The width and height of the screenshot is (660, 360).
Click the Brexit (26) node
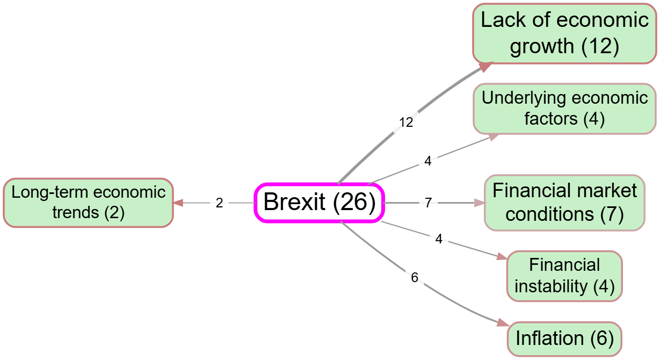click(x=319, y=203)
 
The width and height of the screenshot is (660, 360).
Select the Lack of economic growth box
click(x=564, y=33)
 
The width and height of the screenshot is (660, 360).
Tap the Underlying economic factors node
click(x=564, y=109)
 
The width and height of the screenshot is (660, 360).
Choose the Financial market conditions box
click(x=564, y=203)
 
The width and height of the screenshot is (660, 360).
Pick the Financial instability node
click(x=564, y=276)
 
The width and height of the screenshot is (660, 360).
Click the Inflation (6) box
click(x=564, y=339)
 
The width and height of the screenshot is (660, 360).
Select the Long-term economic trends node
click(x=88, y=203)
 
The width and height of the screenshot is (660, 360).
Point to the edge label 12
click(x=406, y=123)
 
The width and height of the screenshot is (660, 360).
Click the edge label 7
click(x=428, y=203)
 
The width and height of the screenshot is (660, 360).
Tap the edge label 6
click(x=414, y=278)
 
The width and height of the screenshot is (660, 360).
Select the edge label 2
click(x=219, y=203)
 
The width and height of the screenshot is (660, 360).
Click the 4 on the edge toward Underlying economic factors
click(x=427, y=161)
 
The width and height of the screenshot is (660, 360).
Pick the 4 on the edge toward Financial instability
click(x=439, y=240)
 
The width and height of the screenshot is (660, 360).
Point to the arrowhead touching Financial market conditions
click(x=479, y=203)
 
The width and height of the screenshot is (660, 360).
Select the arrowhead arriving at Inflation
click(x=502, y=323)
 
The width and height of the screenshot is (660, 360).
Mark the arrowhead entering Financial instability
click(x=501, y=258)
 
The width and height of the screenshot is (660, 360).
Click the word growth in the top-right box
click(x=542, y=46)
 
